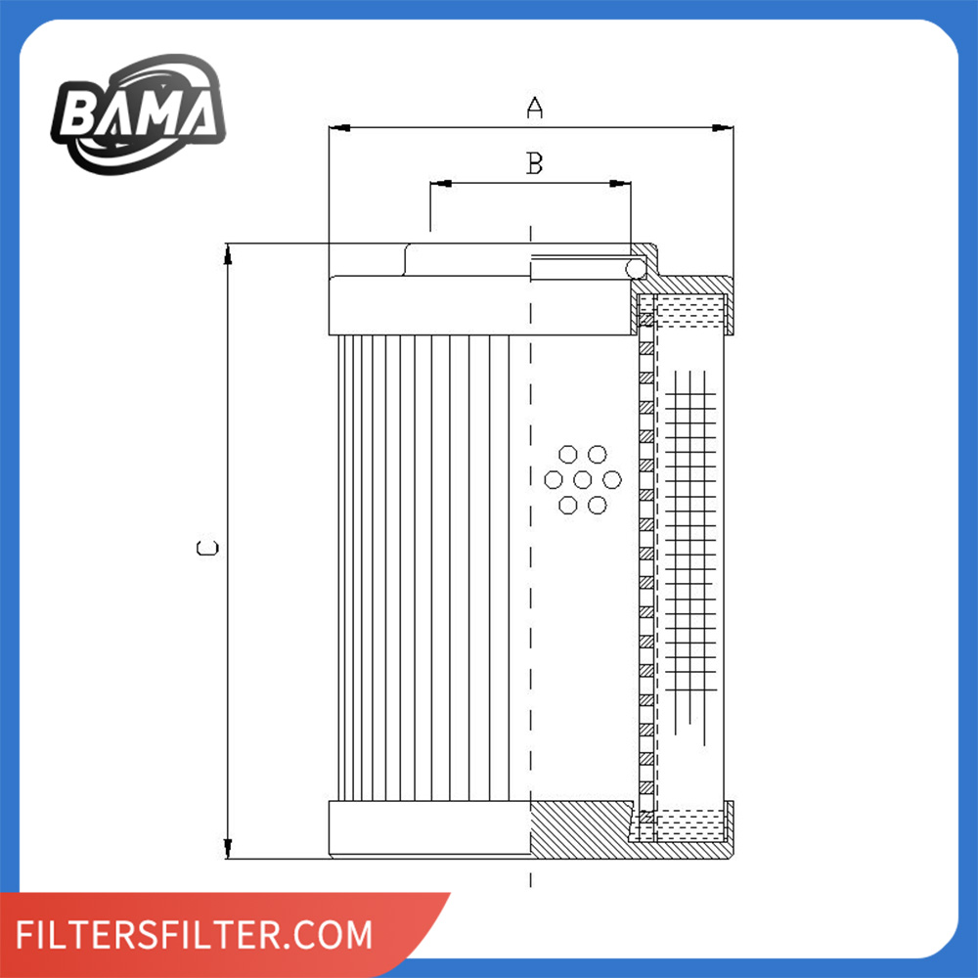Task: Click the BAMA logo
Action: point(138,113)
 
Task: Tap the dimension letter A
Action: point(535,108)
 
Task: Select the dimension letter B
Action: point(535,163)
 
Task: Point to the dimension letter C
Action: point(207,548)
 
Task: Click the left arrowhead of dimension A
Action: point(339,128)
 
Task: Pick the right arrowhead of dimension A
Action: point(723,128)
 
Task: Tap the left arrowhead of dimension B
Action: point(441,184)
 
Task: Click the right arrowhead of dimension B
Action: point(620,184)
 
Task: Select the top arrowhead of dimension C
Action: point(228,254)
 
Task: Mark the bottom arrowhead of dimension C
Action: point(228,848)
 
